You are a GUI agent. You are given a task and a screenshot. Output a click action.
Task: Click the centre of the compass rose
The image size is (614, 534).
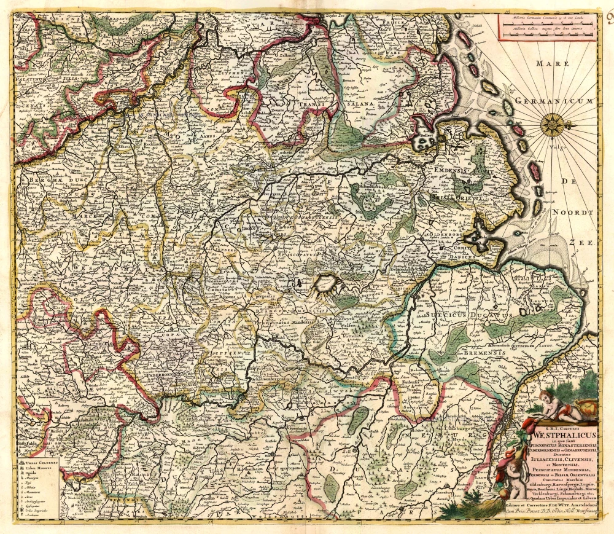click(553, 125)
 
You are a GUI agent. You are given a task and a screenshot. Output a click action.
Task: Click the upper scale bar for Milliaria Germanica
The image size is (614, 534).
click(546, 24)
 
